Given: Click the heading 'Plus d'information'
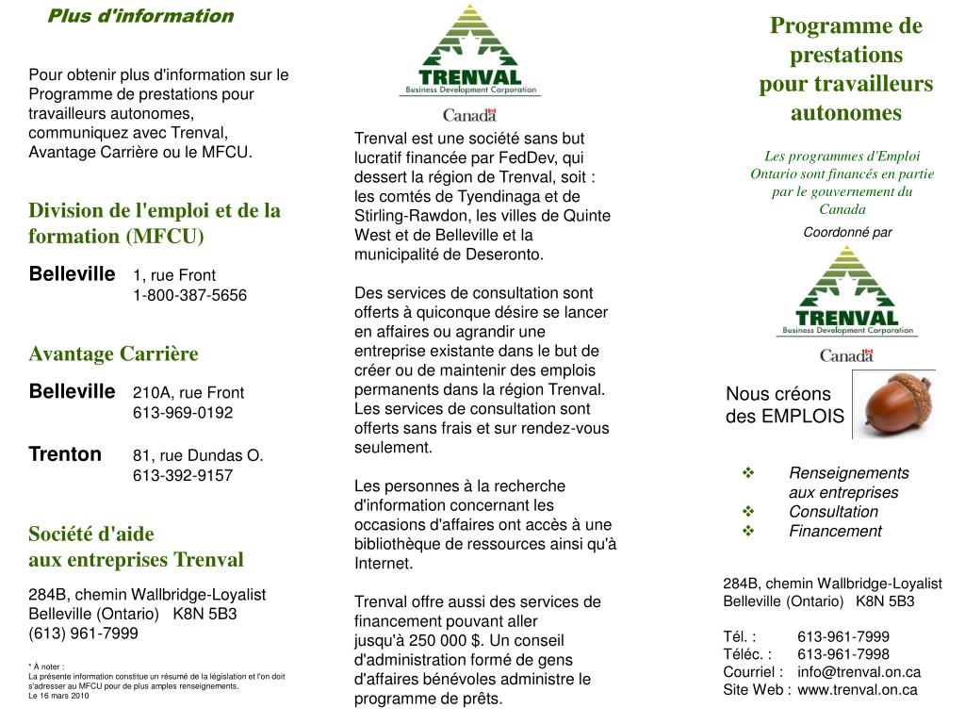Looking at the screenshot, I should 140,16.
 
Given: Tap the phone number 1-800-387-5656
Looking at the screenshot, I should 189,296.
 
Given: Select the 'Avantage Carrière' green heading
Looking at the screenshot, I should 114,354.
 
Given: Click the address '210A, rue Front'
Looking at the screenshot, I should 188,393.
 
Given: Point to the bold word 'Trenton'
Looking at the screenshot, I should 65,454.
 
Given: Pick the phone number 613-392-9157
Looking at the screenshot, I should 183,476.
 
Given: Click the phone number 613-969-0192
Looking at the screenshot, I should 183,413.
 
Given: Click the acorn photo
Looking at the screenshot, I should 893,403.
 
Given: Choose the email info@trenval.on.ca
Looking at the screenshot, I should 859,672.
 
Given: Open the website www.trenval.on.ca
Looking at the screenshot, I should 857,690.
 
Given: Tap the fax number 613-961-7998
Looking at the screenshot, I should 842,654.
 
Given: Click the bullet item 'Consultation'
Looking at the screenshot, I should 833,512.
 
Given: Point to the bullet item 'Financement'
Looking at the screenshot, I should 835,532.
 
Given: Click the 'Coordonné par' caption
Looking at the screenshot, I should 847,232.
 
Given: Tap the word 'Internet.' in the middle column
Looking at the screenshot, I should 383,564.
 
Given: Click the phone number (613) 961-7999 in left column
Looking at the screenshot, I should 84,633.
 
